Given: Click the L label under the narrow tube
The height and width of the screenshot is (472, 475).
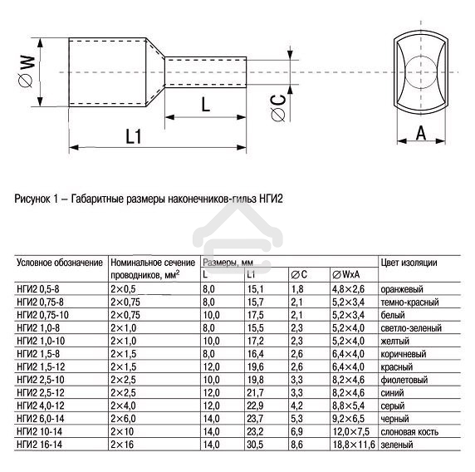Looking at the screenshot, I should click(205, 104).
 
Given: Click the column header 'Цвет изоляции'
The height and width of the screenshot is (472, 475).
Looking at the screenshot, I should click(409, 263).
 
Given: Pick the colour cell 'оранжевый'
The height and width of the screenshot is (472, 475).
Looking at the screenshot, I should click(403, 288).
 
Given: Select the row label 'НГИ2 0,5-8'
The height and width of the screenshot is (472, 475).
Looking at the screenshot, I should click(39, 288).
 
